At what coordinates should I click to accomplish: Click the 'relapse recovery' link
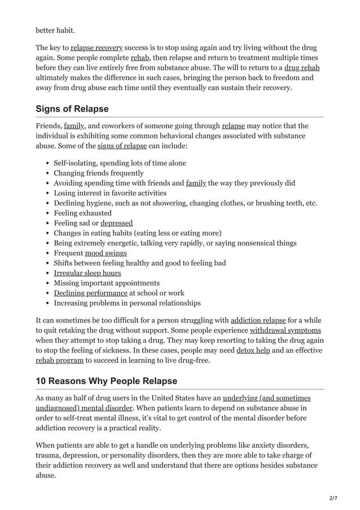click(x=96, y=47)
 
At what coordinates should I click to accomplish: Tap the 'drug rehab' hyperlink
click(x=302, y=68)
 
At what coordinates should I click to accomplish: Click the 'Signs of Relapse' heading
click(x=72, y=108)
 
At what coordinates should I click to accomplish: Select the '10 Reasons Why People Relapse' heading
click(x=106, y=381)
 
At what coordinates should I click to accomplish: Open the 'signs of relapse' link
click(x=122, y=146)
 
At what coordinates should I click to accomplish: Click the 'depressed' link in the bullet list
click(x=117, y=223)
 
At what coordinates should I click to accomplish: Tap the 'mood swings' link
click(x=106, y=253)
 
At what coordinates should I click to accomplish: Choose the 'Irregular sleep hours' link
click(x=87, y=273)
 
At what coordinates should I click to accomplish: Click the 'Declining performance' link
click(x=90, y=293)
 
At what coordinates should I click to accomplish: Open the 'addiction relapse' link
click(x=258, y=320)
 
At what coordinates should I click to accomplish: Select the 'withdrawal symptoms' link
click(x=285, y=330)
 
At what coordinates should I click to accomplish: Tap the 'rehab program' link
click(x=60, y=360)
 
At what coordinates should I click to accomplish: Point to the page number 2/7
click(x=333, y=497)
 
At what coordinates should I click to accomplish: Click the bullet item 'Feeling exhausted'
click(x=82, y=213)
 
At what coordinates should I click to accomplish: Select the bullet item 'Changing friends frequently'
click(x=99, y=173)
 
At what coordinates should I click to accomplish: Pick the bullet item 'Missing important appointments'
click(x=107, y=283)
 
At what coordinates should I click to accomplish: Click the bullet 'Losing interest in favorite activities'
click(x=110, y=193)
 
